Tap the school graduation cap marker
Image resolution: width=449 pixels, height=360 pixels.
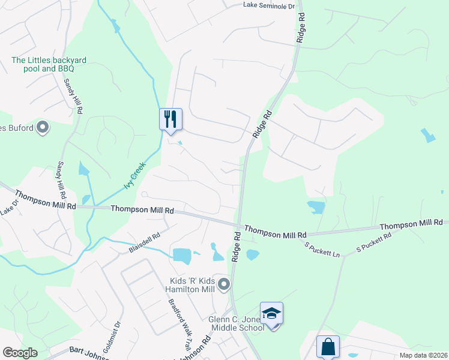271,313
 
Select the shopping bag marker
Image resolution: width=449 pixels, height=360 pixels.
328,347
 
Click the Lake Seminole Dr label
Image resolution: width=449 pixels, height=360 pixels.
270,5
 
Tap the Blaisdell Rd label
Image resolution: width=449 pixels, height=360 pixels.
144,242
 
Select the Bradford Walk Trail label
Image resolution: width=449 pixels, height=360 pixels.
178,324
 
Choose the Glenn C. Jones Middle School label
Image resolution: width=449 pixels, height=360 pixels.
236,323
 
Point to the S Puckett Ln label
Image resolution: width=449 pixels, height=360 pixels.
322,250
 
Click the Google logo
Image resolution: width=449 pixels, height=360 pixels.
20,353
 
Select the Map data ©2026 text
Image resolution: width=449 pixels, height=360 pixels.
423,355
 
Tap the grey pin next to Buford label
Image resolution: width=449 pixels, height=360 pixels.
43,127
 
